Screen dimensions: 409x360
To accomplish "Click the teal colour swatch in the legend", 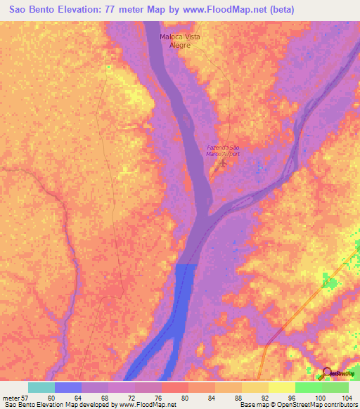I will (41, 387).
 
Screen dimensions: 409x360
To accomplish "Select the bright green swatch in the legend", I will (309, 387).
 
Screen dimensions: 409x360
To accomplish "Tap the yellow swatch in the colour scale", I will (282, 387).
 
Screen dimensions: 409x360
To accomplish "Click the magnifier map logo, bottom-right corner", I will (327, 373).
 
